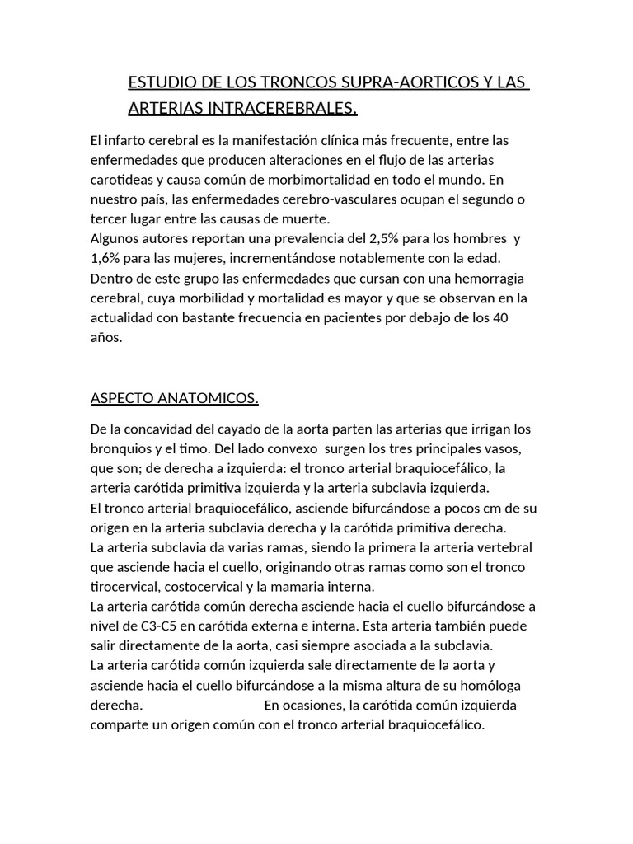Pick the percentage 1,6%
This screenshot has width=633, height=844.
tap(105, 258)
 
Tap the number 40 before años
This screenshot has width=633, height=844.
tap(523, 317)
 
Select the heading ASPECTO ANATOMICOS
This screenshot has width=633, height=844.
tap(174, 399)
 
